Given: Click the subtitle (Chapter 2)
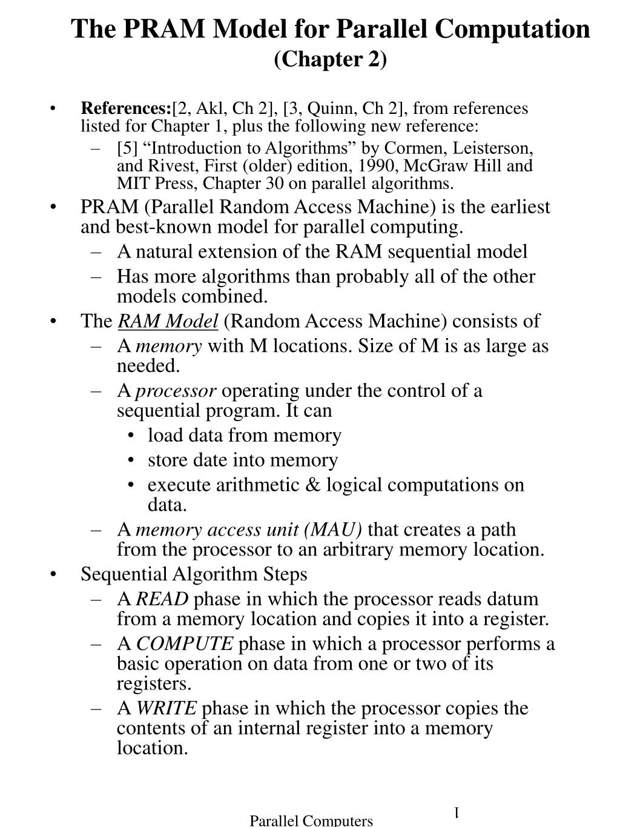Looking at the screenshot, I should (330, 59).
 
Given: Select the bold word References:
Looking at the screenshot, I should (127, 108).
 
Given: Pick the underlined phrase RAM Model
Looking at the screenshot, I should (168, 321).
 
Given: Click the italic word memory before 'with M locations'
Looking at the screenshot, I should (168, 346).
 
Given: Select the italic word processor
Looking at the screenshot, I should (176, 390).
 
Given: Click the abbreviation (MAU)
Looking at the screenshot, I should (334, 530).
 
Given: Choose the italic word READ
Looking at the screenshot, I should (162, 599).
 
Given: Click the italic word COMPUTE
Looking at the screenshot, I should (185, 643).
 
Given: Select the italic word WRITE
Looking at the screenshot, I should (166, 708).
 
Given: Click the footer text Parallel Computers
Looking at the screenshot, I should (311, 820).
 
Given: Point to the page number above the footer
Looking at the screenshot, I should (458, 812).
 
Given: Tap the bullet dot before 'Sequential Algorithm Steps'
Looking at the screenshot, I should (55, 574).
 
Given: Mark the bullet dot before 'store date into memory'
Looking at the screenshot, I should (131, 460).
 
